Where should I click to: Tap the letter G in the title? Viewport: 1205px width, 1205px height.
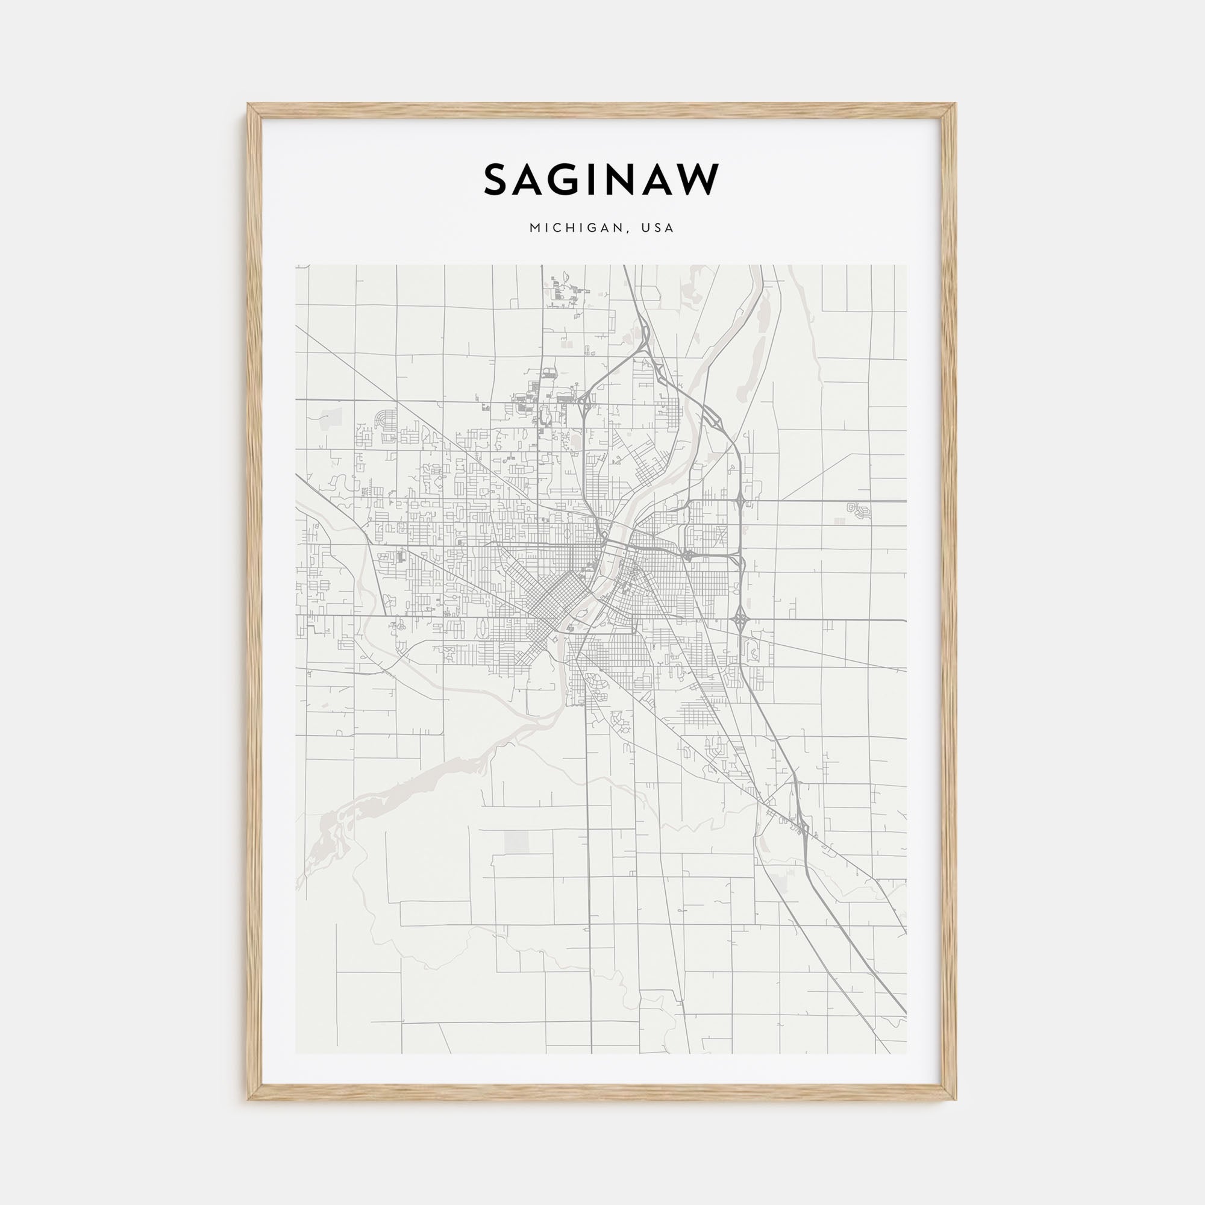[572, 180]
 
